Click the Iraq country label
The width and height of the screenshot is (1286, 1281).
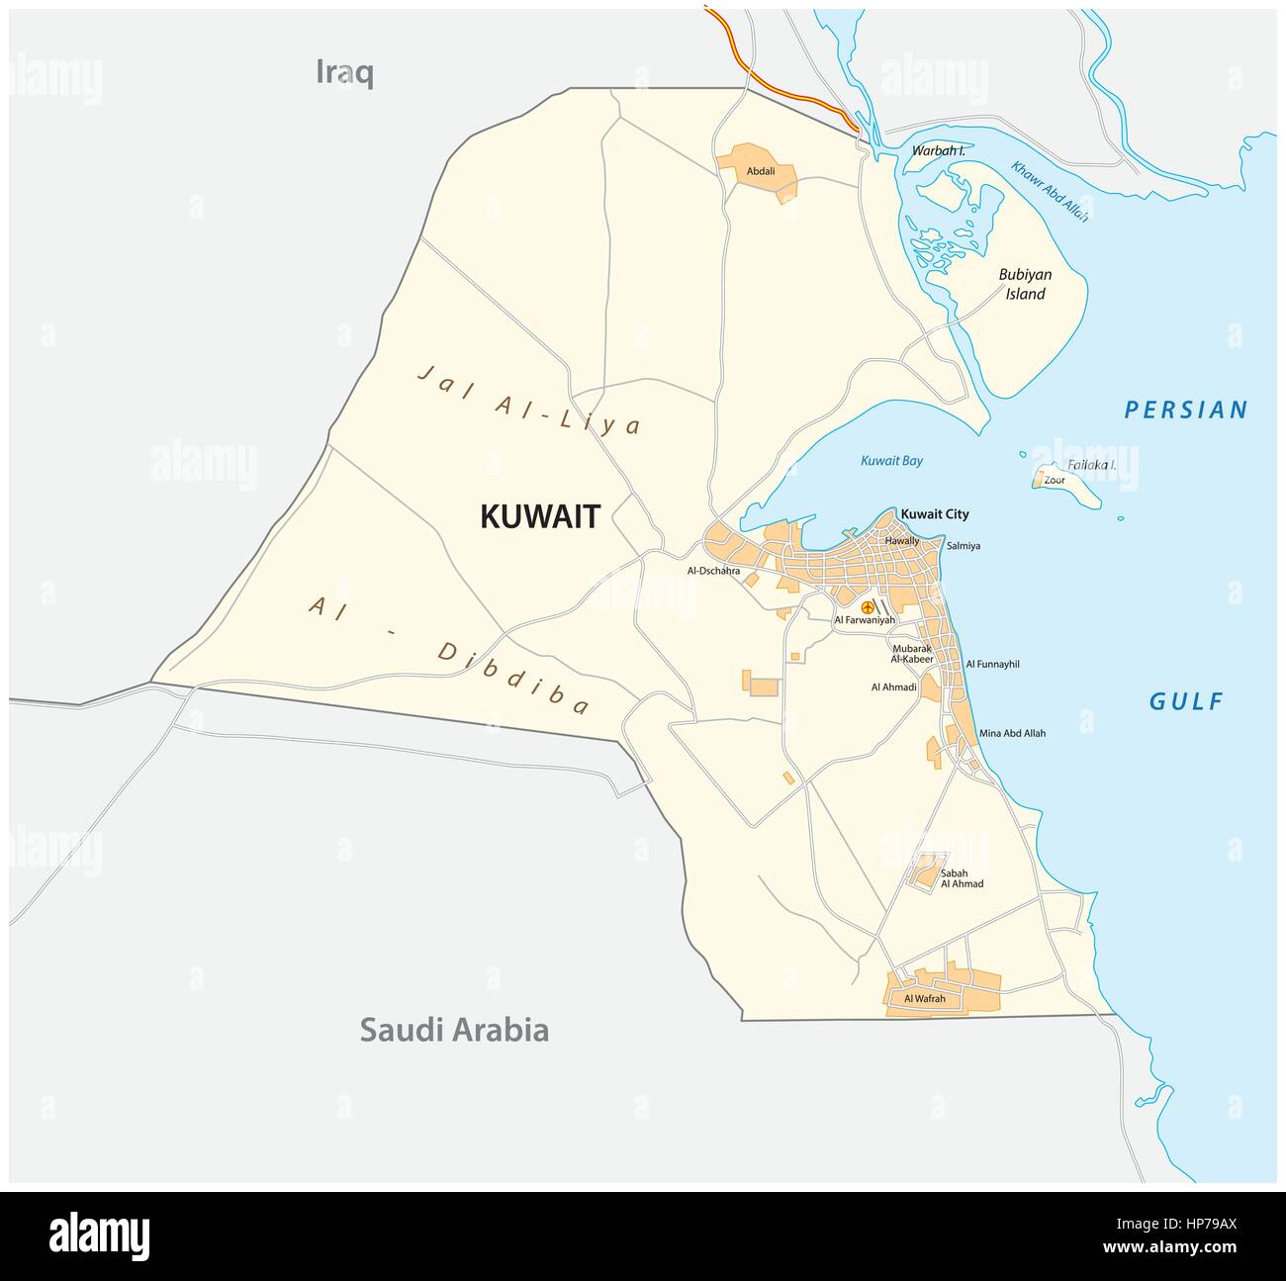coord(344,72)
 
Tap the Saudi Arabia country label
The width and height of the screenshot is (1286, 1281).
coord(453,1030)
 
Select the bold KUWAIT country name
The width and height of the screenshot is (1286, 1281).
coord(540,516)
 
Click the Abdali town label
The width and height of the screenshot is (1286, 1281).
coord(760,171)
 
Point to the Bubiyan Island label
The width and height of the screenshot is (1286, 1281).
coord(1025,284)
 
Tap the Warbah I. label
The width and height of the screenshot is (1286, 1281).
coord(938,151)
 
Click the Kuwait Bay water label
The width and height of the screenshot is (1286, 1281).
coord(891,460)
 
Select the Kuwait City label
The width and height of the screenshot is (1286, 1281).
coord(934,514)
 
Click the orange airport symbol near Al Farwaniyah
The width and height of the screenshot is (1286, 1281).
coord(868,606)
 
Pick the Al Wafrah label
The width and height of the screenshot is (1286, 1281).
coord(925,999)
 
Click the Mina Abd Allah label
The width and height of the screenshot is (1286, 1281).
coord(1012,733)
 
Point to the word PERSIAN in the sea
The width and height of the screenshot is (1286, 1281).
coord(1186,410)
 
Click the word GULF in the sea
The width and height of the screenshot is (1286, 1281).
coord(1186,701)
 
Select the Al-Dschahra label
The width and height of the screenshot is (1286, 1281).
coord(713,571)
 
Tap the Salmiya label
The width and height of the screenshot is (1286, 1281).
coord(963,545)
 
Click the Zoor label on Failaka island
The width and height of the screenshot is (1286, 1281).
coord(1055,480)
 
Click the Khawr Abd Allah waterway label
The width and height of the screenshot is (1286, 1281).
coord(1050,191)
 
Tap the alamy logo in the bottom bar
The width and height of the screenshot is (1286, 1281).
coord(99,1236)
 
